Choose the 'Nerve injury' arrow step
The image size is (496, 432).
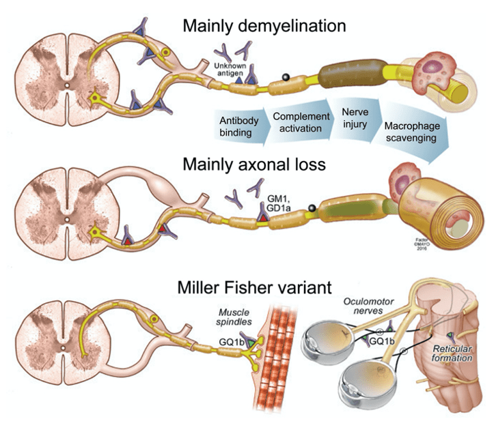tap(352, 115)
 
